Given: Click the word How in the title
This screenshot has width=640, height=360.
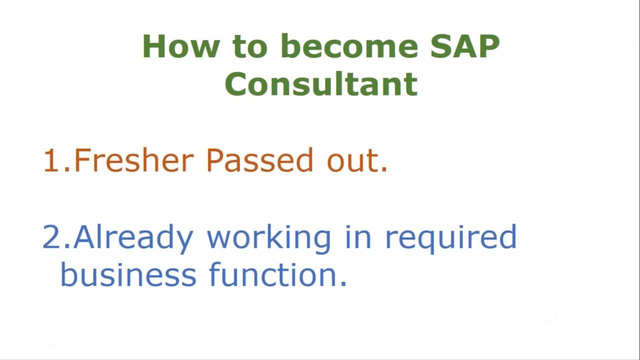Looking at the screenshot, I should click(180, 46).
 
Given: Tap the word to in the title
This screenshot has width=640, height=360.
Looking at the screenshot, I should click(250, 46).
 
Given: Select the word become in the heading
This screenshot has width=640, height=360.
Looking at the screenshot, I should click(349, 46).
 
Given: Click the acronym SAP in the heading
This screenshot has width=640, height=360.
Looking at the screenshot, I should click(464, 46).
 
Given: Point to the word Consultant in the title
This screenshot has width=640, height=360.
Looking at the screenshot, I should click(321, 84).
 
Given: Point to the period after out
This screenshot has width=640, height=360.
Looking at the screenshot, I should click(384, 170).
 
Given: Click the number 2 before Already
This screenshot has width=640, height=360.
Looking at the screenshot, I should click(51, 237).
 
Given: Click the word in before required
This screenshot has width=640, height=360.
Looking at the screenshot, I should click(358, 237).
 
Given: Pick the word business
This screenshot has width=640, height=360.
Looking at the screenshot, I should click(128, 275).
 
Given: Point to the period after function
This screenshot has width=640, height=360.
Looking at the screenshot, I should click(343, 283).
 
